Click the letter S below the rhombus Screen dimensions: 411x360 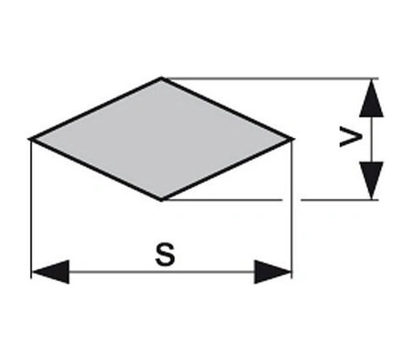coord(165,254)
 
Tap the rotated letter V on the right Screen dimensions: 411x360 coord(351,137)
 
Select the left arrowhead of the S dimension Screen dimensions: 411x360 coord(50,272)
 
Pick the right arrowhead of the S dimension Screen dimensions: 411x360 coord(273,272)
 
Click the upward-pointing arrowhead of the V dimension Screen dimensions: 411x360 coord(372,98)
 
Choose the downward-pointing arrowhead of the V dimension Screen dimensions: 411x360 coord(372,180)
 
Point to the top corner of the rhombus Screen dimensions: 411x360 coord(162,78)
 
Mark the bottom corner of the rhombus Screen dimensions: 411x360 coord(162,200)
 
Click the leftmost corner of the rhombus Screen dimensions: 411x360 coord(30,139)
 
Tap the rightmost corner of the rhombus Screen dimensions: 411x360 coord(293,139)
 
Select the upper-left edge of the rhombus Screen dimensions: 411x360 coord(96,109)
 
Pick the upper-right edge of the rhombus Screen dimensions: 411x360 coord(227,109)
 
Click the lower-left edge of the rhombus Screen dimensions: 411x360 coord(96,169)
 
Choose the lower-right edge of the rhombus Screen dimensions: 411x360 coord(227,169)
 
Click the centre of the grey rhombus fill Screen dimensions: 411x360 coord(162,139)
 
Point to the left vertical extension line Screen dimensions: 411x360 coord(31,209)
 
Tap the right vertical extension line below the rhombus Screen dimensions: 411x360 coord(292,209)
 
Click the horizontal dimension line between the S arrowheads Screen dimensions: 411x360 coord(162,272)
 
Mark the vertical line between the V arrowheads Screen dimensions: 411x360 coord(372,139)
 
